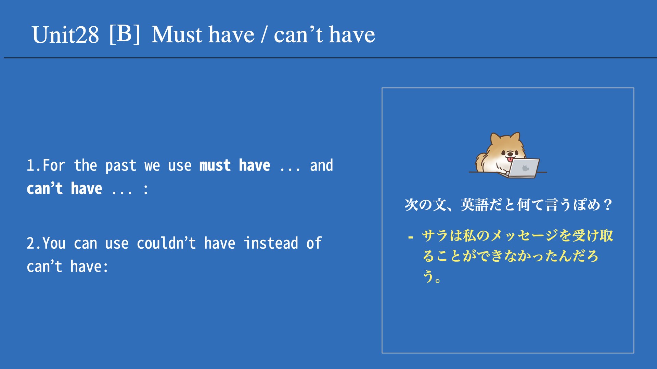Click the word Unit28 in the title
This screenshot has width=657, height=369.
65,35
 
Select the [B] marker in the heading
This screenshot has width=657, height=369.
125,34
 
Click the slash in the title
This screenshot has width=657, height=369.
264,35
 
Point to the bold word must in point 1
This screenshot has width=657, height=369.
215,166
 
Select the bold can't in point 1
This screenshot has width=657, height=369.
45,188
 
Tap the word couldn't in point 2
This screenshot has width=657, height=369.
166,243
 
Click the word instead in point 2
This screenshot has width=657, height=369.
271,243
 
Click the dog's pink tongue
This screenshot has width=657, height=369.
510,159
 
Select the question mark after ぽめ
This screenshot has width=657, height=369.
608,205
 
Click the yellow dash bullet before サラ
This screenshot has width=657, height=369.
411,236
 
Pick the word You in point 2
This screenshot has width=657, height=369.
54,244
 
